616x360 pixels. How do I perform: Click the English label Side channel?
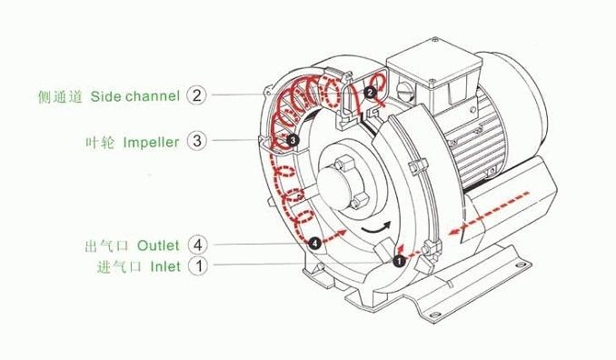point(135,96)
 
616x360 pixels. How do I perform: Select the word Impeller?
point(151,142)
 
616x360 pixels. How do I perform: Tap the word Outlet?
point(158,245)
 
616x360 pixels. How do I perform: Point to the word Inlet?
point(165,266)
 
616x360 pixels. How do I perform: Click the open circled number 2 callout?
point(196,95)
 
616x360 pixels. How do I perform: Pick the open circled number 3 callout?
point(196,140)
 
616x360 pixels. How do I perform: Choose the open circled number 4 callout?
point(197,245)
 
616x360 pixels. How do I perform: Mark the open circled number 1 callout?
point(198,265)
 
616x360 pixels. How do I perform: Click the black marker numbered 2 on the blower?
point(370,93)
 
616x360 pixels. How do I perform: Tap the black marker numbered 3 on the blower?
point(292,139)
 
